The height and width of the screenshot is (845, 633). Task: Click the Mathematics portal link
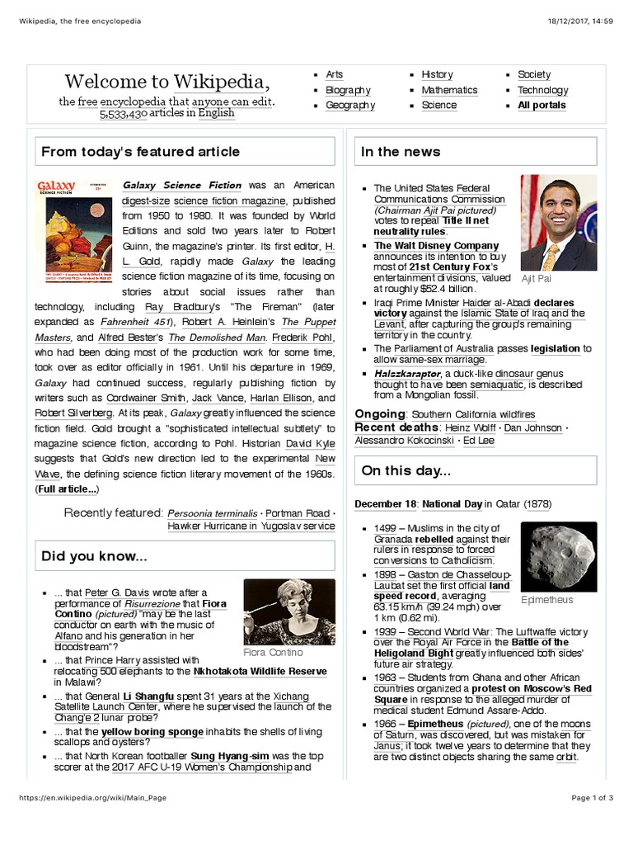[x=449, y=90]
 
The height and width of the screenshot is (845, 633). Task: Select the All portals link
[x=542, y=106]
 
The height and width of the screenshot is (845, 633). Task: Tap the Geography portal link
[x=350, y=106]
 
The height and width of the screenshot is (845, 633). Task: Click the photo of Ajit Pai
[x=558, y=223]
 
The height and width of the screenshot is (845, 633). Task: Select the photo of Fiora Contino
[x=289, y=611]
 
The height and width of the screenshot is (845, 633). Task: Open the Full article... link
[x=67, y=489]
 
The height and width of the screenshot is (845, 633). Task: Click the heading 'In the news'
[x=401, y=152]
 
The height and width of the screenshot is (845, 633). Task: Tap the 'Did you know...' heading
[x=94, y=557]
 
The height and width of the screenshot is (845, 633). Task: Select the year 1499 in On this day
[x=385, y=528]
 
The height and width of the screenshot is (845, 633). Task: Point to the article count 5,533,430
[x=124, y=114]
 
